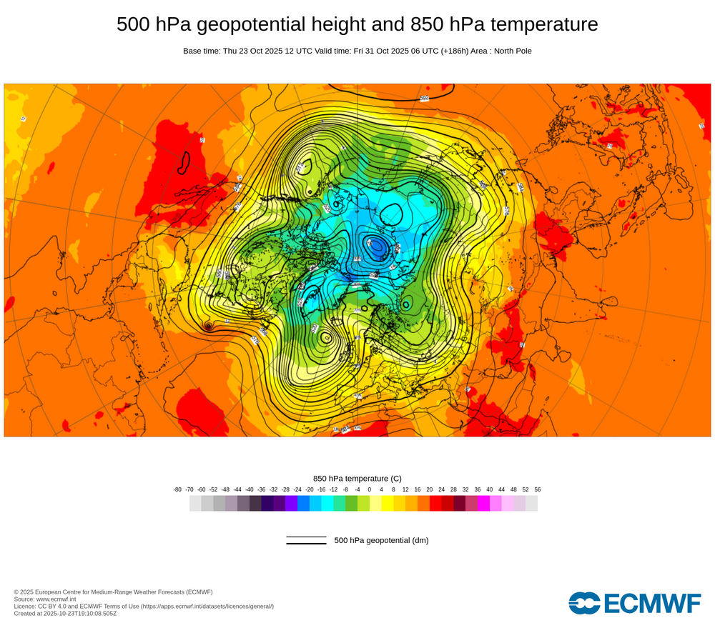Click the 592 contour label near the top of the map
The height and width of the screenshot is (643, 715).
(424, 98)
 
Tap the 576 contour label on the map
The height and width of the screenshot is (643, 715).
(255, 340)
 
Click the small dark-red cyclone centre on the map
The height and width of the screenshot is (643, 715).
(208, 327)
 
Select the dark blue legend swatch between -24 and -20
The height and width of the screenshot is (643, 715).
(303, 503)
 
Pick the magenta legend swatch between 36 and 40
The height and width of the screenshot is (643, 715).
(483, 503)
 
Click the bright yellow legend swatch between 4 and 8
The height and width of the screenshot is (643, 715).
(388, 503)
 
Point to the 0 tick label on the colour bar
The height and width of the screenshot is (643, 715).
(370, 489)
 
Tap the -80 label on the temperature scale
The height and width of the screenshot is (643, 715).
(177, 489)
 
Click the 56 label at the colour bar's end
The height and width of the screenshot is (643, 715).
(538, 489)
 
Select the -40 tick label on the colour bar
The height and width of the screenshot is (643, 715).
(250, 489)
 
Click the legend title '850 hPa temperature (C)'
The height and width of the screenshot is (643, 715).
(357, 478)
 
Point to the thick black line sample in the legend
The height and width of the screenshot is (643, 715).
(306, 544)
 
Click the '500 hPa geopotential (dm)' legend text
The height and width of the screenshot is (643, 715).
(381, 540)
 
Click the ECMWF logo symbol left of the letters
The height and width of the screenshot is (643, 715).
(585, 603)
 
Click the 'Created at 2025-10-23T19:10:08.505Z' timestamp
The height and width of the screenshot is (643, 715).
(65, 613)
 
